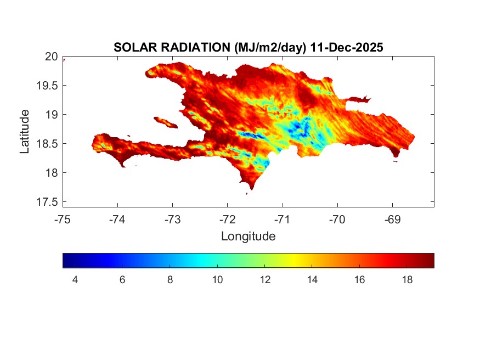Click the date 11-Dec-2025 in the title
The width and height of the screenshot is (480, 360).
[x=346, y=48]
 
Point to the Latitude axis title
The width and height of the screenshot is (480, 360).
[x=25, y=131]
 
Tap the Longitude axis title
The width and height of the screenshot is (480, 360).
[x=248, y=237]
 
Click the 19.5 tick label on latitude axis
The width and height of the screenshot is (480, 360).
[x=47, y=86]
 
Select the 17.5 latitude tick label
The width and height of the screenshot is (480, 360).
[x=47, y=202]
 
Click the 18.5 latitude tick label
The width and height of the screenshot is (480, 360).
[x=47, y=144]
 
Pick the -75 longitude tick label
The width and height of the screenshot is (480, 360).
[x=63, y=220]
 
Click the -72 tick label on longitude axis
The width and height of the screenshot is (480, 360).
[x=228, y=220]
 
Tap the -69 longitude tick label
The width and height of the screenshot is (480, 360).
[x=392, y=220]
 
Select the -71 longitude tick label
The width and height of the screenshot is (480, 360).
[x=283, y=220]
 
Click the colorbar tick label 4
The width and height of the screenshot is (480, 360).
[x=75, y=280]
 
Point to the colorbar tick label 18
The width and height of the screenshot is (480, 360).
[x=407, y=280]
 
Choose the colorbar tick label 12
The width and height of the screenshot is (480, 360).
[x=265, y=280]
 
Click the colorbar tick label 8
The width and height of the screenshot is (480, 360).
[x=170, y=280]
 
